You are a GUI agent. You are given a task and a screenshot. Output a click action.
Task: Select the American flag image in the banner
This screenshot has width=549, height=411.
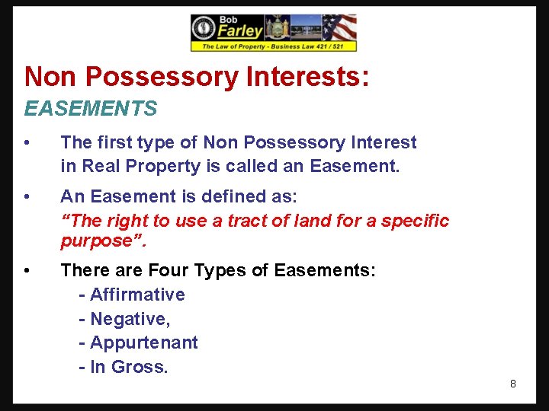(339, 28)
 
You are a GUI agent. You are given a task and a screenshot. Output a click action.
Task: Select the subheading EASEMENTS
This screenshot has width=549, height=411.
(90, 109)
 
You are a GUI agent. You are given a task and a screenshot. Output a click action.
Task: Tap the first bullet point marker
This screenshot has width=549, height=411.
(27, 143)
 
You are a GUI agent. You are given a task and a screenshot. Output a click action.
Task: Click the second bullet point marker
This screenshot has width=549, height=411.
(27, 197)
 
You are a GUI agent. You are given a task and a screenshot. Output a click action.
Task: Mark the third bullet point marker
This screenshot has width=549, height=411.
(27, 271)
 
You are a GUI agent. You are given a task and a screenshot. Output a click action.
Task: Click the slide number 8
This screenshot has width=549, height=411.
(512, 384)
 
